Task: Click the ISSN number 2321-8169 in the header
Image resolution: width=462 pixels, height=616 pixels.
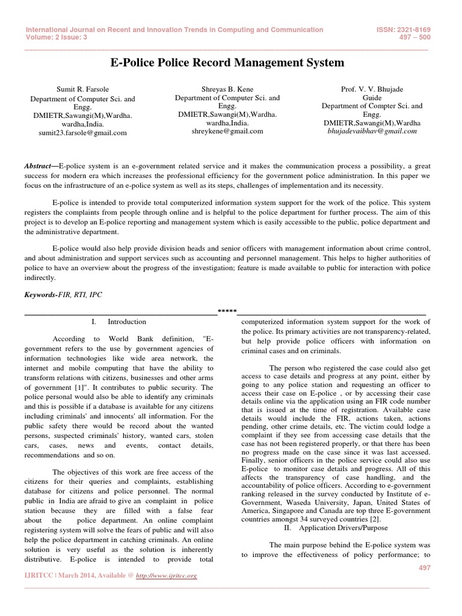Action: click(405, 29)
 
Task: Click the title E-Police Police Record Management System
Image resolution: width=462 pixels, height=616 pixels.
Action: click(228, 63)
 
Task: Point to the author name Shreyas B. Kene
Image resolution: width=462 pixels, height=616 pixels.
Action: click(227, 88)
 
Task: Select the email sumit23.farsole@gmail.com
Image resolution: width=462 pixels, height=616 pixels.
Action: click(79, 133)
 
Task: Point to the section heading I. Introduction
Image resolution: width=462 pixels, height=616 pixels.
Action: click(119, 322)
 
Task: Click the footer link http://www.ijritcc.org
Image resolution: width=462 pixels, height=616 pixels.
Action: click(166, 576)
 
